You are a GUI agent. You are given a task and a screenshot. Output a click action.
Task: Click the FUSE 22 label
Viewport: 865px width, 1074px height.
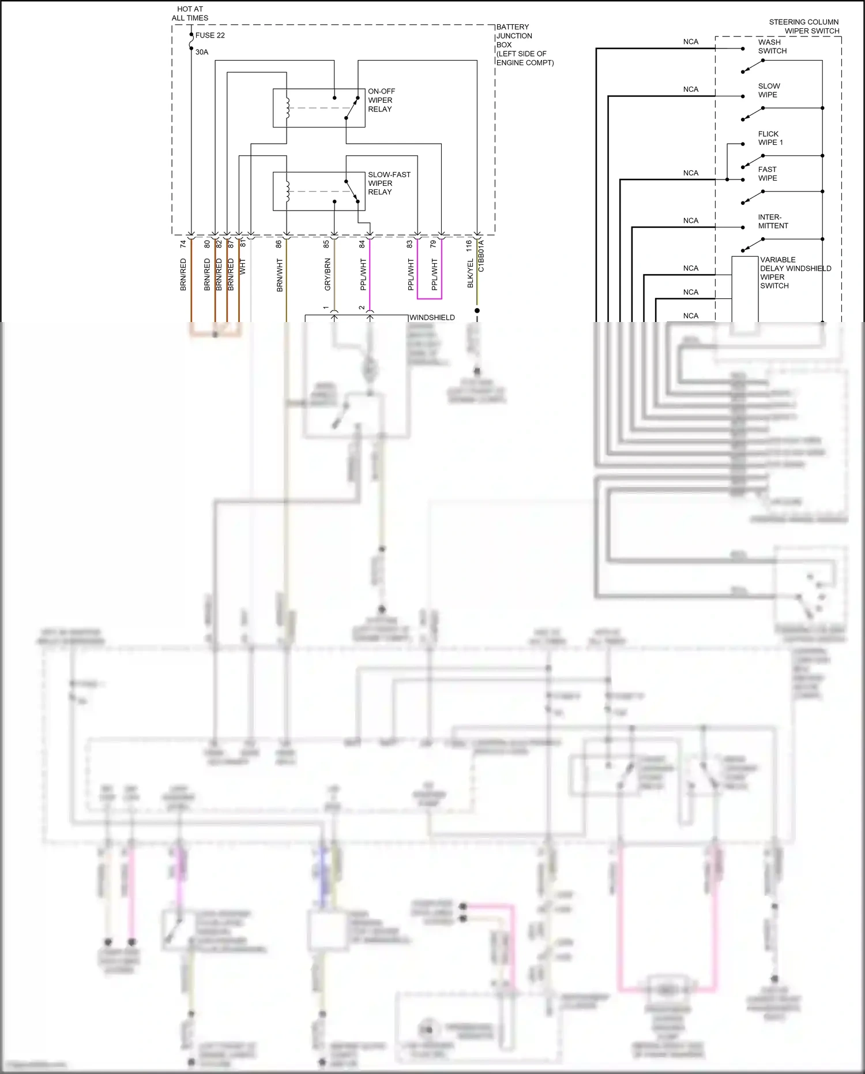pos(210,35)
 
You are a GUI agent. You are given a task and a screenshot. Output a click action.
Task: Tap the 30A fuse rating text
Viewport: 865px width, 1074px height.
pos(202,52)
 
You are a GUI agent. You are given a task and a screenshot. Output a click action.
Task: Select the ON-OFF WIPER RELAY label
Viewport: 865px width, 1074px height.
pos(381,100)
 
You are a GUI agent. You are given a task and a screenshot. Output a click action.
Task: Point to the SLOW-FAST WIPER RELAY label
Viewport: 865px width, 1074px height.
pos(389,183)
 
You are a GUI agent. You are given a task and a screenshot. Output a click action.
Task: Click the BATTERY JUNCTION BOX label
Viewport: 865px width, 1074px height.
pos(524,44)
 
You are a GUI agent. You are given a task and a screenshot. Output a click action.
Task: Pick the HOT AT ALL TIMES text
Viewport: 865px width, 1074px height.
pos(190,13)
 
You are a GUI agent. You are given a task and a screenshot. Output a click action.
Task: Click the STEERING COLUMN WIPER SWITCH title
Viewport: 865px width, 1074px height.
pos(804,27)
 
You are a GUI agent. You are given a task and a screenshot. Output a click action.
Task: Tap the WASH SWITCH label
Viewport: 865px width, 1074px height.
pos(772,46)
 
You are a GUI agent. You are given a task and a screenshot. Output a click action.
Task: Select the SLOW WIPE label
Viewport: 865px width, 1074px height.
pos(769,90)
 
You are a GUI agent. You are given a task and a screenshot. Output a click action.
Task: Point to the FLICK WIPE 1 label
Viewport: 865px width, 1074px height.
pos(770,138)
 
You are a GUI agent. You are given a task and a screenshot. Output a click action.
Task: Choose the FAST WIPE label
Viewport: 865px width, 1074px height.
pos(768,174)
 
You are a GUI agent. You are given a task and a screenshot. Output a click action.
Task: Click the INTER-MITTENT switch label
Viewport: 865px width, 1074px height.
pos(773,222)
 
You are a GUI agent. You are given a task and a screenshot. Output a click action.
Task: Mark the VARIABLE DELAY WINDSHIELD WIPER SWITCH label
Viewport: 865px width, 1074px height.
pos(795,272)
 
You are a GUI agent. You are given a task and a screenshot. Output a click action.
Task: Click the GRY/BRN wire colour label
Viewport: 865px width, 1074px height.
pos(328,275)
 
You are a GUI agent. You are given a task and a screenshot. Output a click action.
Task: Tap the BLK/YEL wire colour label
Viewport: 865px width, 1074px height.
pos(471,273)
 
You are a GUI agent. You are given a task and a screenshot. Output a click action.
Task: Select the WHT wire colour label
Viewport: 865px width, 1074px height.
pos(243,267)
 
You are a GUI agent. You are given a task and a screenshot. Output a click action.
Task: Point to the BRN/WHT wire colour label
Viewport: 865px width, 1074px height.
pos(280,275)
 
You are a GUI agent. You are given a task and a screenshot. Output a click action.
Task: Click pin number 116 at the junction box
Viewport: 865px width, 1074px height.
pos(469,246)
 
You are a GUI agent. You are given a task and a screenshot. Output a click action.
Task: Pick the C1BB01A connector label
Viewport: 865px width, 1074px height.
pos(482,256)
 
